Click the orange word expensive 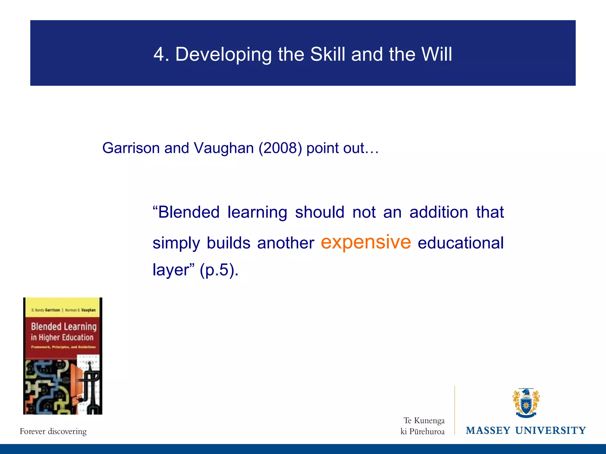point(366,242)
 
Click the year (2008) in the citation point(280,148)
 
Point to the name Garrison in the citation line point(131,148)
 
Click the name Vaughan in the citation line point(224,148)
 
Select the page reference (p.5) point(219,270)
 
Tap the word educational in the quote point(460,243)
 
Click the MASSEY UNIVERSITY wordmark point(526,430)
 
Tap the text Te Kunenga point(424,420)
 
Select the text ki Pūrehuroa point(422,432)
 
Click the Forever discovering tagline point(53,431)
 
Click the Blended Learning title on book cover point(64,327)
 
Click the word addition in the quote point(439,212)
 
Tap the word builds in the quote point(228,243)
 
